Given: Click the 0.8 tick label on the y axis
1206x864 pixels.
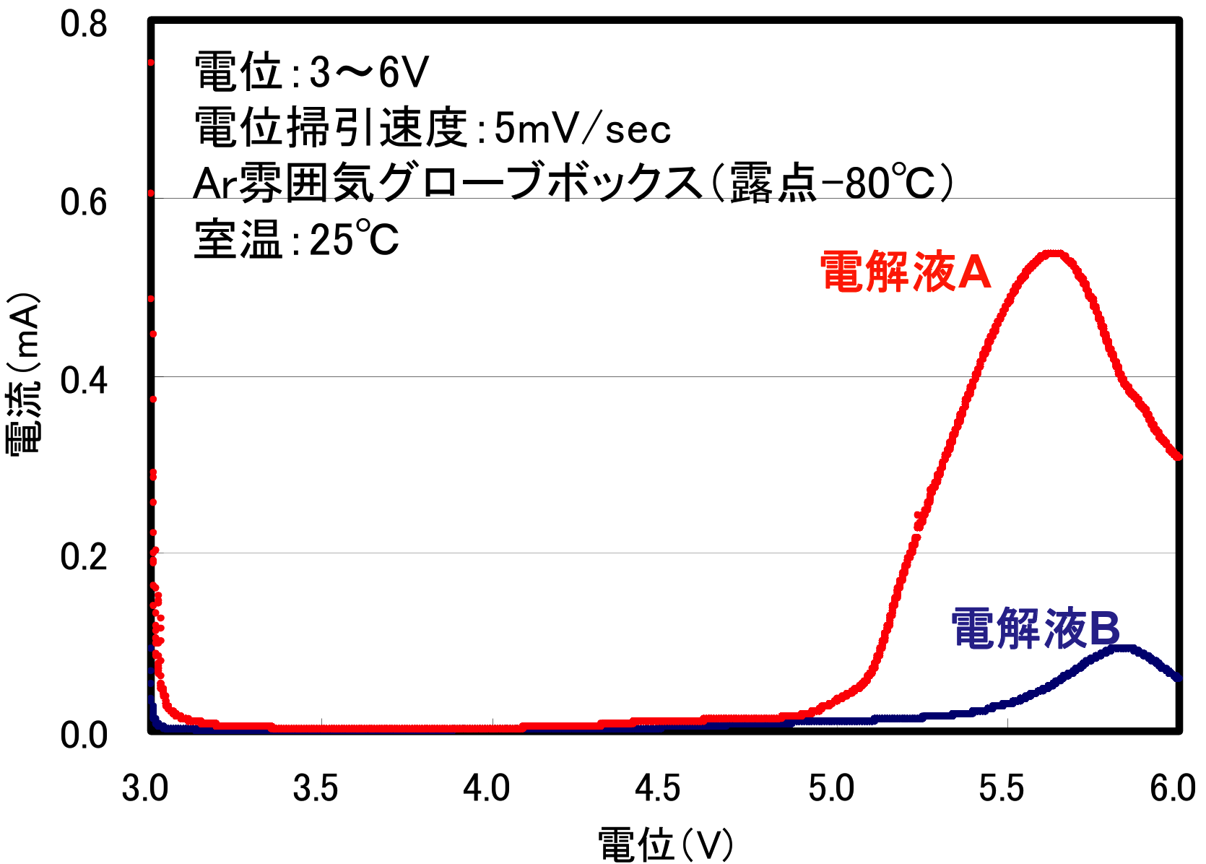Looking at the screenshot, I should [x=83, y=24].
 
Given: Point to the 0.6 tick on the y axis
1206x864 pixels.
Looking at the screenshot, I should [x=83, y=202].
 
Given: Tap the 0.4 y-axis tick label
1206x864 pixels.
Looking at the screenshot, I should [x=83, y=380].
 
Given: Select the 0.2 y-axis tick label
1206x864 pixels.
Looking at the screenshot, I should [x=83, y=557].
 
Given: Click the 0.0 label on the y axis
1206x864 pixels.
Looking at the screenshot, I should [x=83, y=735].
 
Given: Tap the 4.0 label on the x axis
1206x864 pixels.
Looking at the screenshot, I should [x=487, y=788].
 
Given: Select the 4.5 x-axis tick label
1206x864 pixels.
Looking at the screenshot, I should [x=658, y=788].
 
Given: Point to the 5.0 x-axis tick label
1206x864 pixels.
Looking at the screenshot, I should [x=830, y=788].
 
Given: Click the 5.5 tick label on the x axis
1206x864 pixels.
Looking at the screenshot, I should [x=1002, y=788].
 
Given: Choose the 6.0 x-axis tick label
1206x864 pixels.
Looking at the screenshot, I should [x=1173, y=788].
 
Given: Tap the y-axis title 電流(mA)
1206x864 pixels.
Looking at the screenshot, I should [x=23, y=373].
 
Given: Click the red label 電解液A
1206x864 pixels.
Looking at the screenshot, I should [x=906, y=273].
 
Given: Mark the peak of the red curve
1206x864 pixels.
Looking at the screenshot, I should [x=1054, y=253].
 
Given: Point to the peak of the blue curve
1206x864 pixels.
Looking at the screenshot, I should [x=1124, y=648].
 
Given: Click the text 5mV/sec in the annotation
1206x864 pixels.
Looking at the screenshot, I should [x=582, y=129].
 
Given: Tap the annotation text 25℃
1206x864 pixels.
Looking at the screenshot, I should [x=354, y=239].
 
